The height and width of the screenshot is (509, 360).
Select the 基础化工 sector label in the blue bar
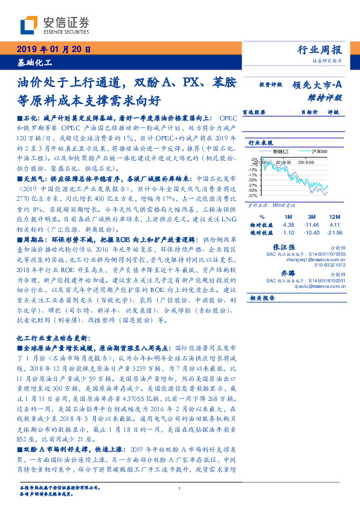point(34,62)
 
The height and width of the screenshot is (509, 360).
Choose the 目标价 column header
point(309,112)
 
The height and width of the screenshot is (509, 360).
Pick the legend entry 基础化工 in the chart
point(281,151)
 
